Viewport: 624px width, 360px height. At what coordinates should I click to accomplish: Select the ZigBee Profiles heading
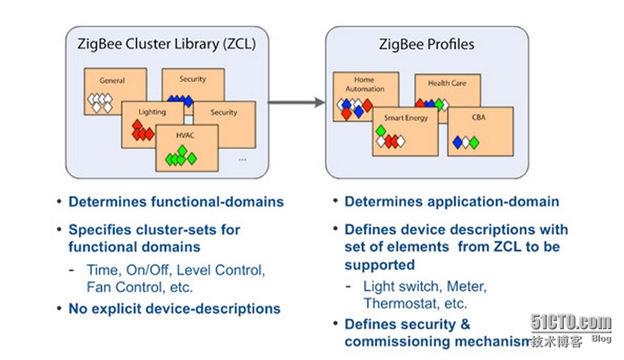pyautogui.click(x=427, y=44)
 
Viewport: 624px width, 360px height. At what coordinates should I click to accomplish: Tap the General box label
pyautogui.click(x=112, y=81)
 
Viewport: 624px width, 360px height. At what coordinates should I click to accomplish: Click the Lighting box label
pyautogui.click(x=152, y=112)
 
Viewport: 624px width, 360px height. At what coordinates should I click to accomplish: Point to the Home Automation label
pyautogui.click(x=365, y=84)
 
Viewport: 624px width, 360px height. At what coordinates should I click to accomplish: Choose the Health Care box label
pyautogui.click(x=447, y=83)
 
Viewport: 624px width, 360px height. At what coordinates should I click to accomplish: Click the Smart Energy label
pyautogui.click(x=405, y=118)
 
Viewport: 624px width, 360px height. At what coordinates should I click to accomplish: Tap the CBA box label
pyautogui.click(x=479, y=118)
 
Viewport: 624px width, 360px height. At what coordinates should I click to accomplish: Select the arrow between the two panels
pyautogui.click(x=297, y=102)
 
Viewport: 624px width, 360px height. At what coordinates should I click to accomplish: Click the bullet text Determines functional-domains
pyautogui.click(x=176, y=201)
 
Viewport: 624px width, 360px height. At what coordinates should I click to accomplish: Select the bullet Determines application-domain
pyautogui.click(x=452, y=201)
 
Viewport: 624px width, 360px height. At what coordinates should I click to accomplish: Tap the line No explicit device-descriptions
pyautogui.click(x=174, y=308)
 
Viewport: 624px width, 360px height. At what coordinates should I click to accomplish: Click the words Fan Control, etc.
pyautogui.click(x=140, y=286)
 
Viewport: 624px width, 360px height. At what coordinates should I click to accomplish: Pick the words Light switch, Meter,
pyautogui.click(x=425, y=286)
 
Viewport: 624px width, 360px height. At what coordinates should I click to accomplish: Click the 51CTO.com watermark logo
pyautogui.click(x=571, y=323)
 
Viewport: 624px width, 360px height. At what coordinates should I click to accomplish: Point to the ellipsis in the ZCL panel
pyautogui.click(x=242, y=159)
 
